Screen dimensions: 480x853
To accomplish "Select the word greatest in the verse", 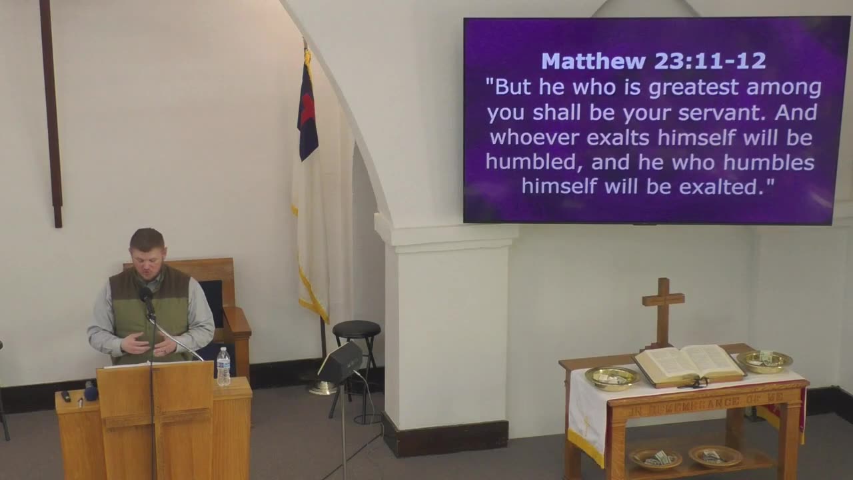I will [x=694, y=88].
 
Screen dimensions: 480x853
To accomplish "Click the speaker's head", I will [x=147, y=247].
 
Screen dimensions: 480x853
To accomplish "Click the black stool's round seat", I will [x=357, y=328].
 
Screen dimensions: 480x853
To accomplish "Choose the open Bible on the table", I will [x=688, y=363].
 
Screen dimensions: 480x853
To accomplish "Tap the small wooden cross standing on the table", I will [x=663, y=311].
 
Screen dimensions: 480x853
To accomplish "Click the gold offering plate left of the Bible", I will [x=612, y=377].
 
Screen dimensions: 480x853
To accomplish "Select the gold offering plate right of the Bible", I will [x=764, y=361].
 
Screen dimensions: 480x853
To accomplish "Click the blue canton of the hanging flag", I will [x=307, y=113].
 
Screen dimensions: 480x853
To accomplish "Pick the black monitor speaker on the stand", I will [x=340, y=363].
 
